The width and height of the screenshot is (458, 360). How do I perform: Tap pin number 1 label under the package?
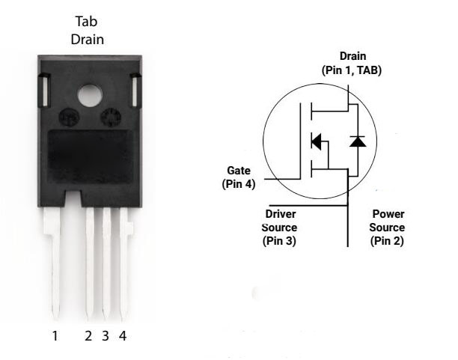point(55,336)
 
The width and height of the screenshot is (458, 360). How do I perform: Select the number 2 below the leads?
point(88,336)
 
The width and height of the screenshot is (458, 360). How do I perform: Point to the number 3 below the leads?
point(106,336)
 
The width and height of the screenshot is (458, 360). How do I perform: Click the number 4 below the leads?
point(123,336)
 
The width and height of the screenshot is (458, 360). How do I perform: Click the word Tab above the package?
point(87,22)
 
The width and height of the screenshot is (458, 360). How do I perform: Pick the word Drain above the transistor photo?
point(87,40)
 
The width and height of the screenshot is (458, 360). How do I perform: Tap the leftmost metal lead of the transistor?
point(53,262)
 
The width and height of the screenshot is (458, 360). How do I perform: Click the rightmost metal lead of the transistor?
point(124,262)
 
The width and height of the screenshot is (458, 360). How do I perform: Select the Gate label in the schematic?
point(239,171)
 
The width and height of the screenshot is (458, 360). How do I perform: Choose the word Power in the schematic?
point(388,214)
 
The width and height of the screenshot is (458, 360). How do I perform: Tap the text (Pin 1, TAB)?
point(352,70)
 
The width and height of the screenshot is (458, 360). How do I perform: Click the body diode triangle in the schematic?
point(358,141)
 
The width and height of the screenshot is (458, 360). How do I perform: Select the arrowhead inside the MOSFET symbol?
point(317,140)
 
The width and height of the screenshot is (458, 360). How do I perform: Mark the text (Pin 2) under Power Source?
point(388,241)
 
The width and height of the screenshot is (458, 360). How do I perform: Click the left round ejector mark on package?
point(68,118)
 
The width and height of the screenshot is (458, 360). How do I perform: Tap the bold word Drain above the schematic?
point(352,56)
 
